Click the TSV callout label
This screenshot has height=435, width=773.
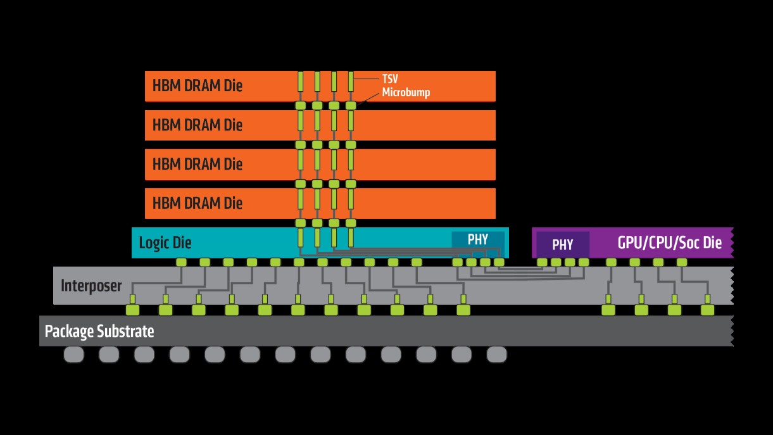pos(390,79)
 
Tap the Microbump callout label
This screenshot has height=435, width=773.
pos(406,92)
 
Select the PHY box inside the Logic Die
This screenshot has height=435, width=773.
pos(478,239)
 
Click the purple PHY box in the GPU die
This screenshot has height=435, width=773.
pos(563,244)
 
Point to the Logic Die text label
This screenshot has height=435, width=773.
pos(165,243)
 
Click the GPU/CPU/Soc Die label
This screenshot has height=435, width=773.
pos(669,243)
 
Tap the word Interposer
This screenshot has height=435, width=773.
pos(91,286)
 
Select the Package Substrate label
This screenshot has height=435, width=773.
pos(99,331)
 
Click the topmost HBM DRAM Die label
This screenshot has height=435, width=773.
pos(198,85)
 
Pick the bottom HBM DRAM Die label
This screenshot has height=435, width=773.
pos(198,203)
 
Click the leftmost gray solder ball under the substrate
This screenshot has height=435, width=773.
pos(74,355)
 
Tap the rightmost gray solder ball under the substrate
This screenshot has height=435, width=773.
pos(497,355)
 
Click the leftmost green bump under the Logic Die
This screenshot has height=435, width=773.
pos(181,262)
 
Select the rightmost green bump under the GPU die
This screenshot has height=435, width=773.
pos(682,262)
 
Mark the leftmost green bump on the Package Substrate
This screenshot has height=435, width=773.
pos(132,310)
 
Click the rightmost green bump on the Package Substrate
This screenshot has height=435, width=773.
pos(707,310)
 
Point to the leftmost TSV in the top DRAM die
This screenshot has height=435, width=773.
pos(301,82)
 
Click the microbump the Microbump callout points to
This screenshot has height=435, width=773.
pos(351,105)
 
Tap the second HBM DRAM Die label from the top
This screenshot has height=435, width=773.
pos(198,125)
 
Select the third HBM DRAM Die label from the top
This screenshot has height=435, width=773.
pos(198,164)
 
